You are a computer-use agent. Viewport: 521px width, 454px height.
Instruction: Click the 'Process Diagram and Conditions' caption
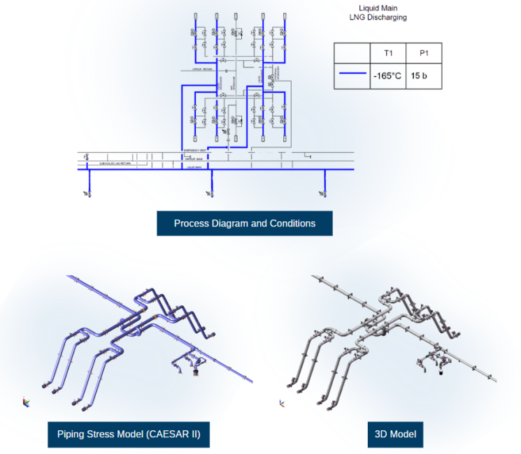(x=244, y=224)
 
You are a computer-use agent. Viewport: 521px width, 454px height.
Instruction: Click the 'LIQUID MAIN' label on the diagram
(x=194, y=168)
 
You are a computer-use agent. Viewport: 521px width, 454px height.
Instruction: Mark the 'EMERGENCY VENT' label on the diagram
(x=194, y=150)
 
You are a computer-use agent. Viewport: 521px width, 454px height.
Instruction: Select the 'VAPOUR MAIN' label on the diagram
(x=194, y=159)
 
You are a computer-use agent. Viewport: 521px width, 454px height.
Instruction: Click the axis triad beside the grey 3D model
(x=282, y=402)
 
